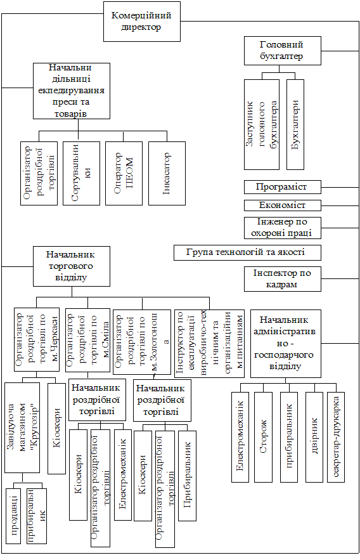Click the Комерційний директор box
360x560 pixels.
pyautogui.click(x=142, y=22)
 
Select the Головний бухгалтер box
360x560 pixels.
pyautogui.click(x=283, y=51)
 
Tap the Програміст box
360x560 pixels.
pyautogui.click(x=283, y=187)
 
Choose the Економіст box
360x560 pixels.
pyautogui.click(x=283, y=205)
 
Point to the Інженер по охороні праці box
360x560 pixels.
pyautogui.click(x=283, y=228)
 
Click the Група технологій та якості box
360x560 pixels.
pyautogui.click(x=247, y=252)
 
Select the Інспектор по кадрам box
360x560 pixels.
pyautogui.click(x=283, y=279)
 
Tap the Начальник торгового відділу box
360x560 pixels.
pyautogui.click(x=72, y=266)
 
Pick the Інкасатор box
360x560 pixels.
pyautogui.click(x=167, y=174)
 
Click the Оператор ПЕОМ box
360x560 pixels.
pyautogui.click(x=124, y=174)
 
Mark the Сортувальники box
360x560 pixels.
pyautogui.click(x=81, y=174)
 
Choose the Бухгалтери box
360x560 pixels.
pyautogui.click(x=295, y=124)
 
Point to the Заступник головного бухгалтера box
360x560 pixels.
pyautogui.click(x=262, y=124)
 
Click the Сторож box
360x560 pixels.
pyautogui.click(x=263, y=437)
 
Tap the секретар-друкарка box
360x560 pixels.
pyautogui.click(x=336, y=437)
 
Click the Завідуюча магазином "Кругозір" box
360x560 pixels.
pyautogui.click(x=22, y=428)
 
